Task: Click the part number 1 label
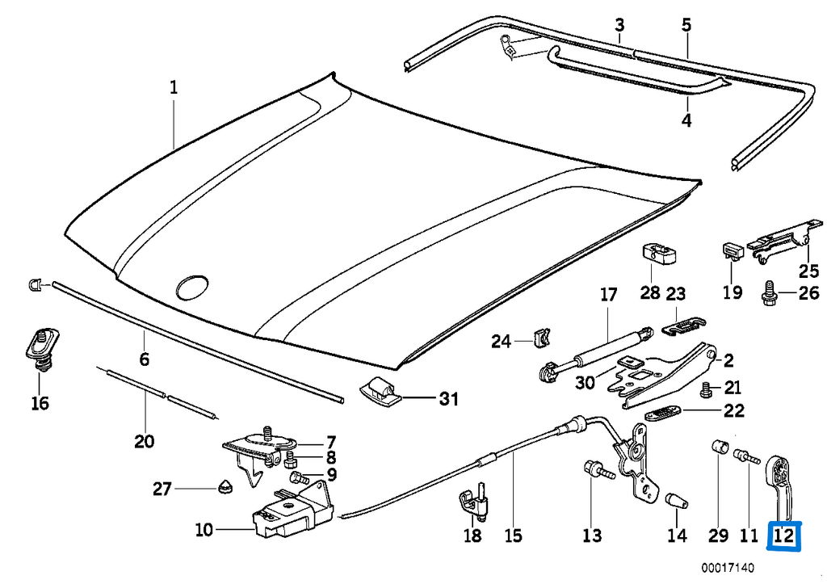coord(173,86)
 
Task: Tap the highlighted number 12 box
coord(785,536)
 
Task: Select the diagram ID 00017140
coord(728,568)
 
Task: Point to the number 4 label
coord(686,121)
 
